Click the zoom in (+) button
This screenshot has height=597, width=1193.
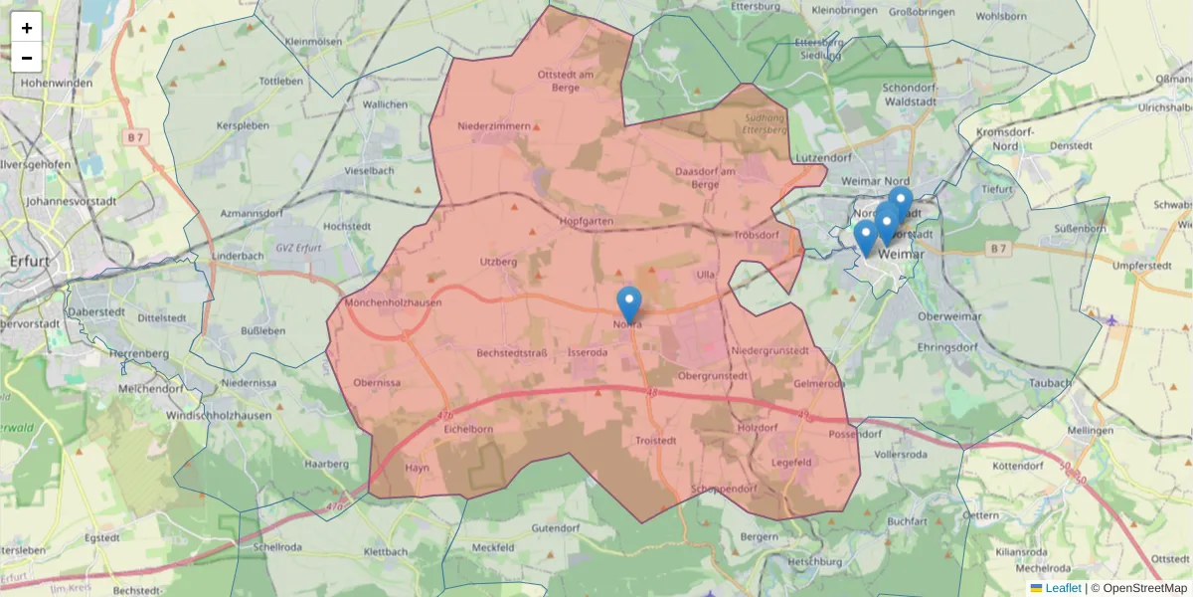click(x=27, y=28)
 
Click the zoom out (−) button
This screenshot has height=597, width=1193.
click(x=27, y=58)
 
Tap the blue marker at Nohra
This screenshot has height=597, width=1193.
click(x=628, y=304)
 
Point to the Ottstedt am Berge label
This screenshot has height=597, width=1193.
click(x=565, y=81)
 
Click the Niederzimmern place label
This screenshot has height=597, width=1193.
click(x=494, y=126)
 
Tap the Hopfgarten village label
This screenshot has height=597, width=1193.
click(x=588, y=221)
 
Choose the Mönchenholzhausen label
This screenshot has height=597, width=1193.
click(x=393, y=302)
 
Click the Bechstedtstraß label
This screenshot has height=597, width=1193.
click(x=513, y=353)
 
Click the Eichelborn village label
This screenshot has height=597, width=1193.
click(x=468, y=429)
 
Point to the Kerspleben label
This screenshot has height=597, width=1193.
click(x=243, y=127)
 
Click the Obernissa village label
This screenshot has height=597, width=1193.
click(x=377, y=383)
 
